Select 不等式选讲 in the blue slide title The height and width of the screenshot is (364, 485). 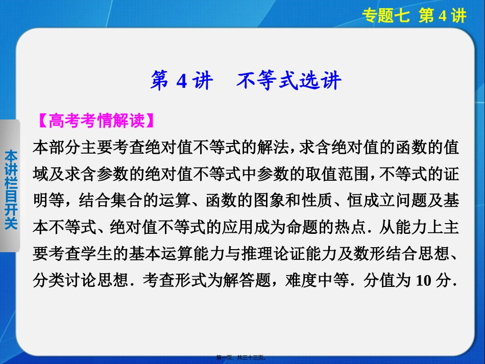(288, 81)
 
